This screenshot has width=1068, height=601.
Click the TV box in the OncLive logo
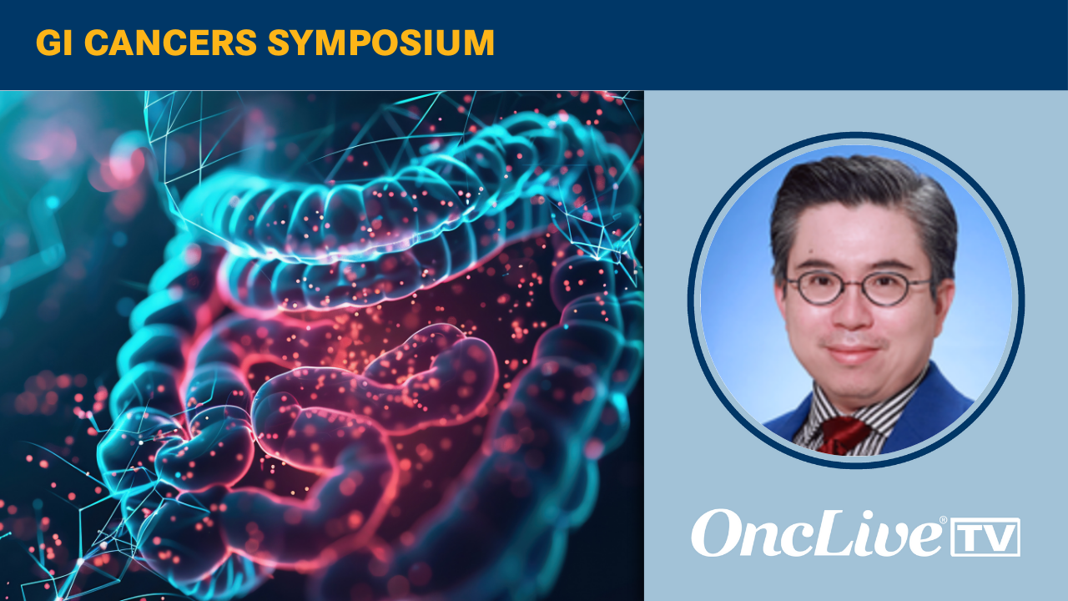tap(985, 537)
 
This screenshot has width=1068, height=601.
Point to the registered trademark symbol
tap(943, 519)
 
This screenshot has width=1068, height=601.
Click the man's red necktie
tap(843, 435)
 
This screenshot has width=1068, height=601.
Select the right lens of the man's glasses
tap(883, 289)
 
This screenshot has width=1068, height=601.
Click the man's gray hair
tap(863, 200)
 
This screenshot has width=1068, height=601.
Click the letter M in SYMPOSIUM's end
tap(477, 43)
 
